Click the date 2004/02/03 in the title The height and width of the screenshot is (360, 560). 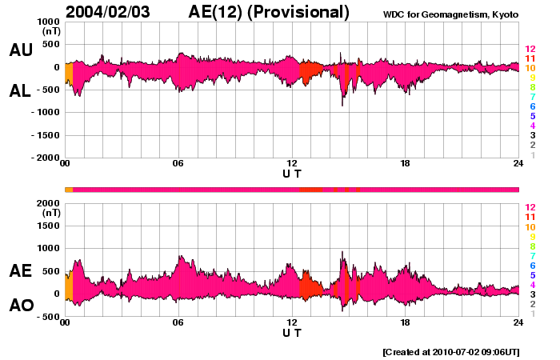[x=118, y=11]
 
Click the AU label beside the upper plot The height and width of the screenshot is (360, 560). [x=21, y=50]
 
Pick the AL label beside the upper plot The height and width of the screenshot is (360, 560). [x=21, y=91]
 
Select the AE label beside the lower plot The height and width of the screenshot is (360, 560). [x=21, y=271]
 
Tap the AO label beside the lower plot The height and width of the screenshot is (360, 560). [x=21, y=306]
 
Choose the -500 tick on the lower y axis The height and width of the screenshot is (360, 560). [x=49, y=317]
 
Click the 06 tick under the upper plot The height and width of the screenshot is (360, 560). [x=178, y=164]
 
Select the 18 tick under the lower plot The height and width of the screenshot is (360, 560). [x=405, y=322]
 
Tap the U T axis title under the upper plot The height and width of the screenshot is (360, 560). [x=292, y=174]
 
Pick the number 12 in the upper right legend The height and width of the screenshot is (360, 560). [x=530, y=49]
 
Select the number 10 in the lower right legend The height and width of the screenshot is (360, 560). [x=530, y=227]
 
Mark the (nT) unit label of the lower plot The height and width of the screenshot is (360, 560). [x=50, y=213]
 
